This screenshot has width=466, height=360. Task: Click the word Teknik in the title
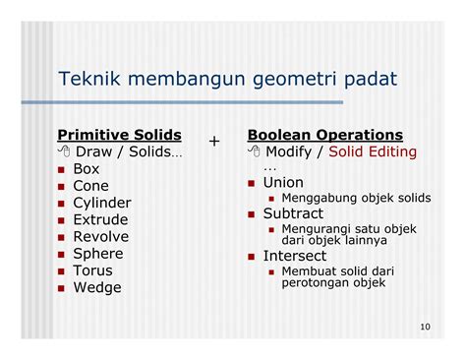pyautogui.click(x=86, y=79)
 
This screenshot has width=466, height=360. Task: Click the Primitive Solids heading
pyautogui.click(x=119, y=134)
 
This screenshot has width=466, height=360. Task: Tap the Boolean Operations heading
pyautogui.click(x=325, y=134)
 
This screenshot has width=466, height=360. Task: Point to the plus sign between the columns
pyautogui.click(x=214, y=142)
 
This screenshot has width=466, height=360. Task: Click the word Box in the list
pyautogui.click(x=87, y=168)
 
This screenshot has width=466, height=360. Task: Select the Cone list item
pyautogui.click(x=91, y=186)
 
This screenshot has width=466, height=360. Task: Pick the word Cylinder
pyautogui.click(x=102, y=203)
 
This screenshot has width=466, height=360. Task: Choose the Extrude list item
pyautogui.click(x=100, y=219)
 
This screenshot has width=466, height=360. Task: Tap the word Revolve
pyautogui.click(x=101, y=236)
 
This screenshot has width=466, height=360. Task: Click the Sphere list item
pyautogui.click(x=98, y=254)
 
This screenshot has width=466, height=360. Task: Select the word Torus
pyautogui.click(x=93, y=270)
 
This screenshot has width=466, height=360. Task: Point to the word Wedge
pyautogui.click(x=97, y=287)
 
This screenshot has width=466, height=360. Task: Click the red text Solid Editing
pyautogui.click(x=373, y=151)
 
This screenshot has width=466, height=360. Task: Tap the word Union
pyautogui.click(x=283, y=183)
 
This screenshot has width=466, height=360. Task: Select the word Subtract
pyautogui.click(x=293, y=212)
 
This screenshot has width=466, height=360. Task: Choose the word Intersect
pyautogui.click(x=295, y=256)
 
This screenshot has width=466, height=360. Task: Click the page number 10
pyautogui.click(x=424, y=328)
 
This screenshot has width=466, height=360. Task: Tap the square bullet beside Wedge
pyautogui.click(x=62, y=288)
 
